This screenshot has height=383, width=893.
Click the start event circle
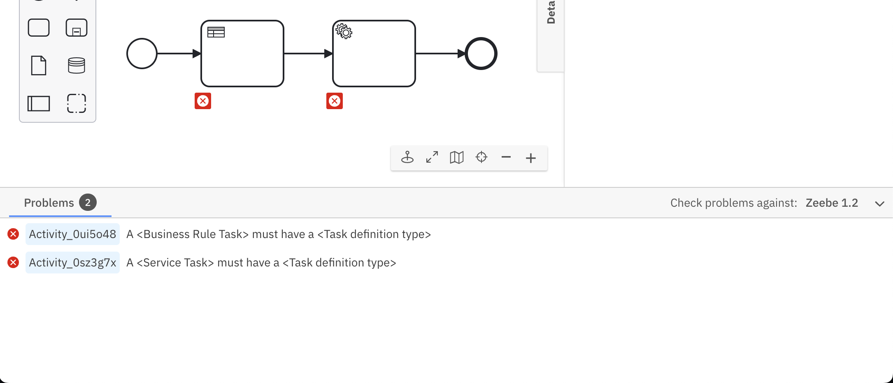pyautogui.click(x=142, y=54)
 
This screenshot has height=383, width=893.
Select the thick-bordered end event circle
pyautogui.click(x=481, y=54)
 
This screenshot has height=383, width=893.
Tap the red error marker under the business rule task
pyautogui.click(x=203, y=101)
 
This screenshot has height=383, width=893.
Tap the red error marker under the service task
pyautogui.click(x=335, y=101)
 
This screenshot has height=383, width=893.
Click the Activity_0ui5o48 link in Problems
pyautogui.click(x=72, y=234)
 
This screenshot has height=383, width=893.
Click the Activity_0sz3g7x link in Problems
pyautogui.click(x=72, y=263)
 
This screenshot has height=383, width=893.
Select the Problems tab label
pyautogui.click(x=49, y=203)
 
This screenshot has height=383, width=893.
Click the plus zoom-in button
pyautogui.click(x=531, y=158)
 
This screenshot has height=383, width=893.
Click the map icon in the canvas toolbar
pyautogui.click(x=457, y=157)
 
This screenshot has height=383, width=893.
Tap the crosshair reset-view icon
pyautogui.click(x=481, y=157)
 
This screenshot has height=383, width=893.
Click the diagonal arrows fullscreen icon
pyautogui.click(x=432, y=157)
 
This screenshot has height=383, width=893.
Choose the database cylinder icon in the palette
pyautogui.click(x=77, y=65)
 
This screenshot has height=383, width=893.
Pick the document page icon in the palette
pyautogui.click(x=39, y=65)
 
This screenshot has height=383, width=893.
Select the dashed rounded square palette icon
pyautogui.click(x=77, y=103)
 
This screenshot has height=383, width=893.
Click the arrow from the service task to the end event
pyautogui.click(x=438, y=54)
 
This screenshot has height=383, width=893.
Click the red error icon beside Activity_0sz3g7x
pyautogui.click(x=13, y=263)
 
